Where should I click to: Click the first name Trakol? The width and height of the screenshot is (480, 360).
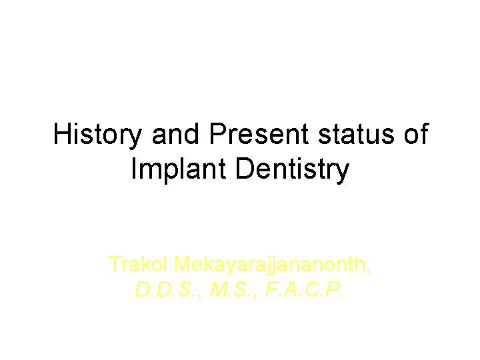pos(139,265)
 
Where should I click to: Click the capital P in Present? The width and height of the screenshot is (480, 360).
pos(217,135)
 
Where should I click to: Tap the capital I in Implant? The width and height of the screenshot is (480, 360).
pos(135,170)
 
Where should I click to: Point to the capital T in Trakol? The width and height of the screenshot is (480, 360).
pos(115,265)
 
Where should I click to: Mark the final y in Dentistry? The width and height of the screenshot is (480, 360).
pos(343,173)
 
